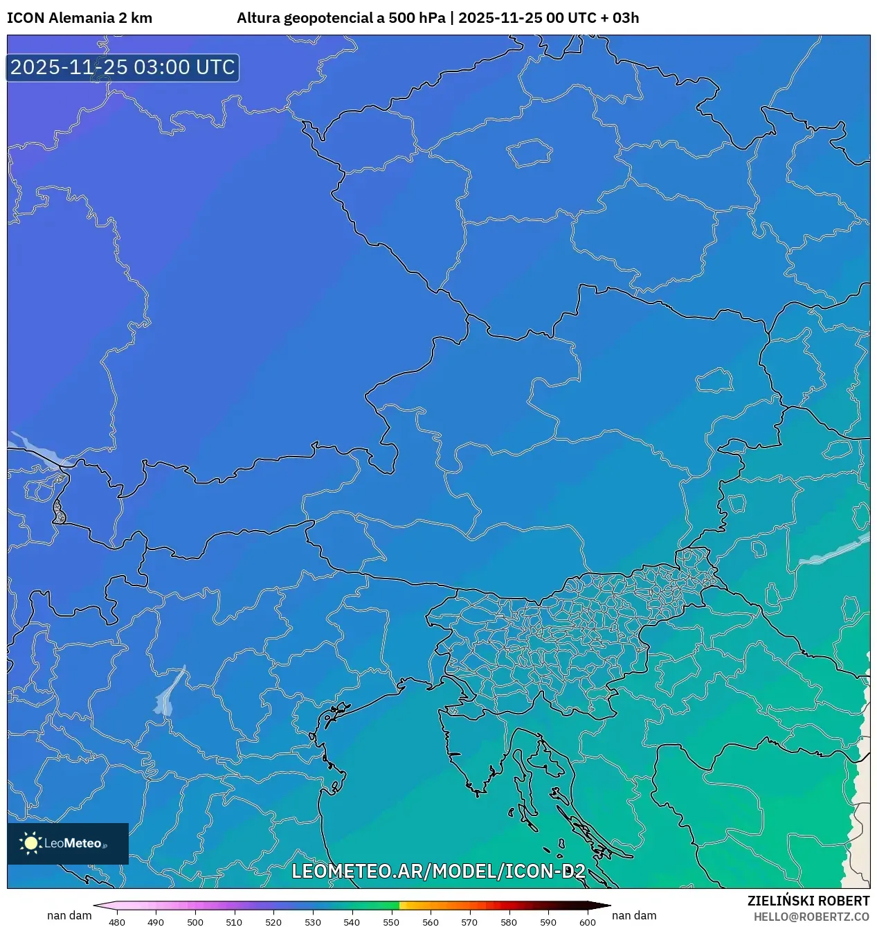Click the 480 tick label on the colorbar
(x=117, y=922)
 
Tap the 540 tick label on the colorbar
(x=352, y=922)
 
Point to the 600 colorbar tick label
(x=587, y=922)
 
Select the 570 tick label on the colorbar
(x=469, y=922)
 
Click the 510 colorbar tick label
(x=234, y=922)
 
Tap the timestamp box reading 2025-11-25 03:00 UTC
(x=123, y=68)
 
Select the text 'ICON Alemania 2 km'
(x=80, y=18)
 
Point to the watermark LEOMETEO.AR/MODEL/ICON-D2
(x=438, y=872)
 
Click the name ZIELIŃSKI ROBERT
(x=808, y=901)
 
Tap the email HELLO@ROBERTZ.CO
(x=811, y=917)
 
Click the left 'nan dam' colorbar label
(x=69, y=915)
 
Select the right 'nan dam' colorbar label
(x=634, y=915)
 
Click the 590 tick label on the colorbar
(x=548, y=922)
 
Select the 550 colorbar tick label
(x=391, y=922)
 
